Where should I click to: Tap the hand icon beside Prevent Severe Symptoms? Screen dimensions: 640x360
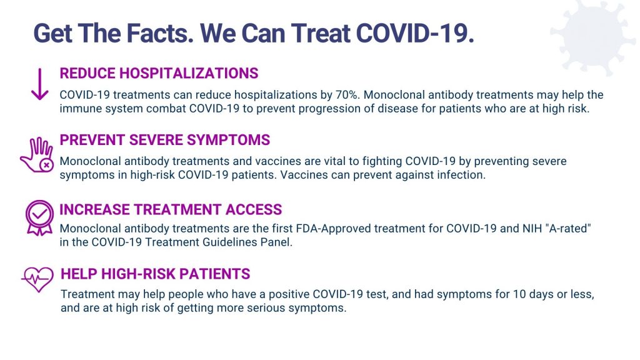(37, 155)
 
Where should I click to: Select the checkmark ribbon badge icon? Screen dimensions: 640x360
(39, 217)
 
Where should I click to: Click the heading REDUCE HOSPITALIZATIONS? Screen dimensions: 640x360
(159, 74)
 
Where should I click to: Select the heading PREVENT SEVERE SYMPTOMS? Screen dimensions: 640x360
(164, 140)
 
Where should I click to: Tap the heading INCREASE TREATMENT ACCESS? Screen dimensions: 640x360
(171, 209)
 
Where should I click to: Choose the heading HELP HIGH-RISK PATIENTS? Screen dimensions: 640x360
(155, 274)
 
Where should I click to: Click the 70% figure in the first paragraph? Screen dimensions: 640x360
(347, 95)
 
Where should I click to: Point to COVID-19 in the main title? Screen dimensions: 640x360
(415, 32)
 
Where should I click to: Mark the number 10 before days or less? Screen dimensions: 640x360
(519, 294)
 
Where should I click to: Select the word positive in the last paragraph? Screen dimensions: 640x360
(289, 295)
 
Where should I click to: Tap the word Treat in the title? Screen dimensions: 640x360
(319, 32)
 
